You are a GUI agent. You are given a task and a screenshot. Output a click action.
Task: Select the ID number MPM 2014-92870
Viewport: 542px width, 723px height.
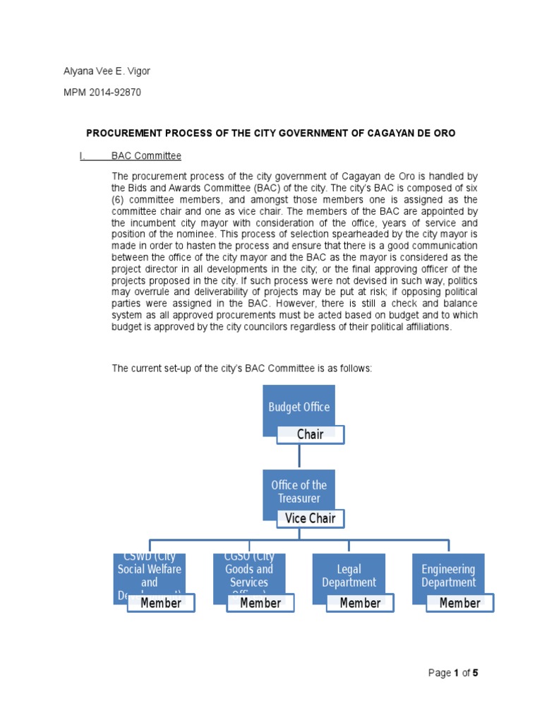tap(102, 92)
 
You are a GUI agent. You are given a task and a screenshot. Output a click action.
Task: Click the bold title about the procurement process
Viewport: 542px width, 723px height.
tap(271, 133)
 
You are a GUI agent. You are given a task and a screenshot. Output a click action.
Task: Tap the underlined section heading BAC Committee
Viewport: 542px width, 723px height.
tap(146, 155)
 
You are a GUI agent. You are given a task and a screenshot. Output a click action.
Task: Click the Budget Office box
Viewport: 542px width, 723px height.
tap(299, 406)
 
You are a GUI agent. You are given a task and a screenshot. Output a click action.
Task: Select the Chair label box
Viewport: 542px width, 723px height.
tap(311, 434)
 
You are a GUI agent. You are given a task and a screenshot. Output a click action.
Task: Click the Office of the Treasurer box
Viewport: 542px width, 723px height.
tap(299, 491)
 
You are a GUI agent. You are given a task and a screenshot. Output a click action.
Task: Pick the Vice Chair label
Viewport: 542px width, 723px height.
tap(310, 518)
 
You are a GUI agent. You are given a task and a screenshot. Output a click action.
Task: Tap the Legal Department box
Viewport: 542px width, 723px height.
tap(349, 575)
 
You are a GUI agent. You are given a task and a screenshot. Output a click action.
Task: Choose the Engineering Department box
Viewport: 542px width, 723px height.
tap(448, 575)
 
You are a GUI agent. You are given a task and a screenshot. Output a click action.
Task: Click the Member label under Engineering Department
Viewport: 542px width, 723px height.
tap(459, 603)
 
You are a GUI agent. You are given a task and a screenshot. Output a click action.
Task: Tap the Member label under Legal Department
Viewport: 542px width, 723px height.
tap(360, 603)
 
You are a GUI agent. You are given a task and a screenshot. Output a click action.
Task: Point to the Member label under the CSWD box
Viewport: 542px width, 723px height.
tap(161, 603)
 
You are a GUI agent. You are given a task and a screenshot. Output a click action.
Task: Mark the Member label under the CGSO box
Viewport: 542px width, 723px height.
tap(260, 603)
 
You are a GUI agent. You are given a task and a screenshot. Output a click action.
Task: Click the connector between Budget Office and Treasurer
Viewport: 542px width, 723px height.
tap(299, 457)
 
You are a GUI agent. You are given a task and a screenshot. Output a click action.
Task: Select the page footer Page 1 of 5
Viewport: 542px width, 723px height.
tap(453, 673)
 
